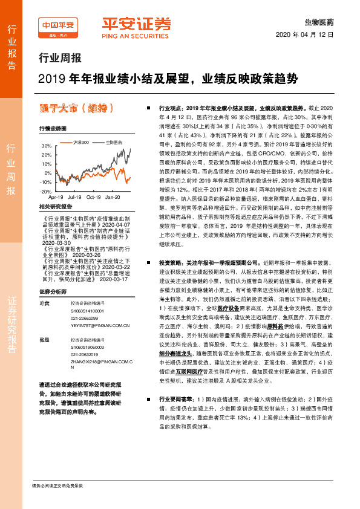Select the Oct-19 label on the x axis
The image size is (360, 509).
(x=94, y=196)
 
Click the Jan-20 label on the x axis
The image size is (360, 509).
(x=113, y=196)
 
